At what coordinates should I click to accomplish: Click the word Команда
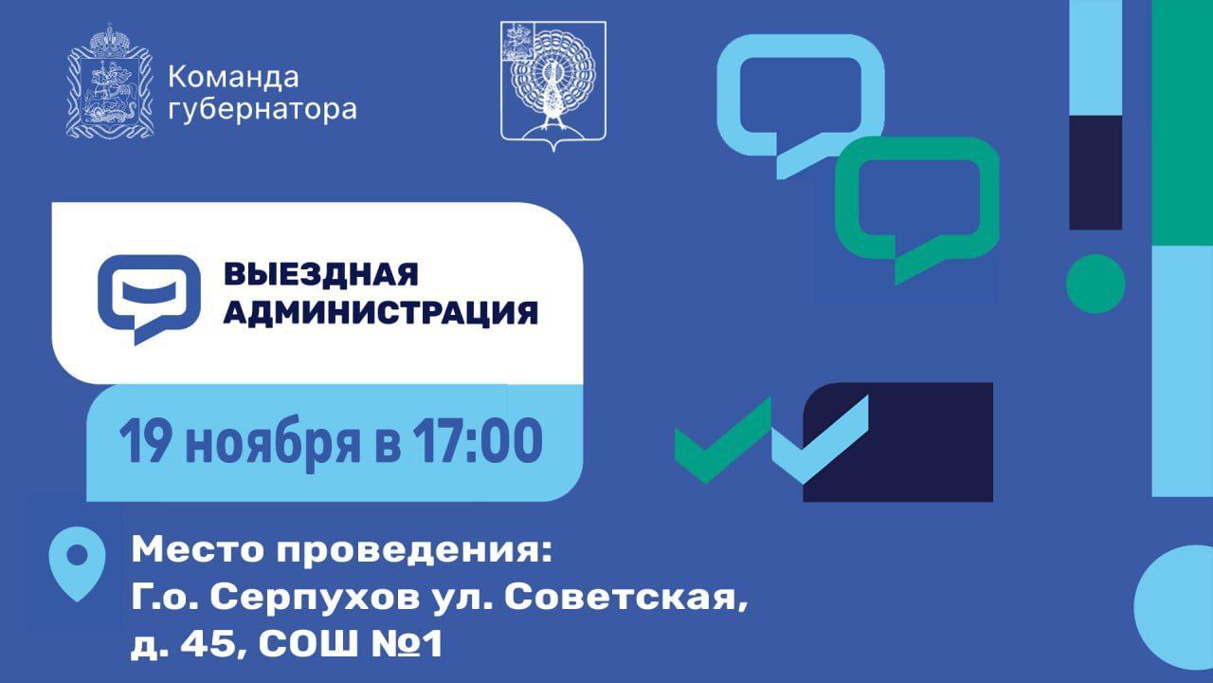[x=232, y=77]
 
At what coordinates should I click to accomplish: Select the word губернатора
[x=262, y=111]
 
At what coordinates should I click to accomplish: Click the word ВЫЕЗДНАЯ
[x=320, y=274]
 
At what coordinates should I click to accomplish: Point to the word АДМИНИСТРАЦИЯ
[x=380, y=312]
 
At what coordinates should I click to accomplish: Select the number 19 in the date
[x=142, y=443]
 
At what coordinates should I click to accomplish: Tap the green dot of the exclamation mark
[x=1095, y=284]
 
